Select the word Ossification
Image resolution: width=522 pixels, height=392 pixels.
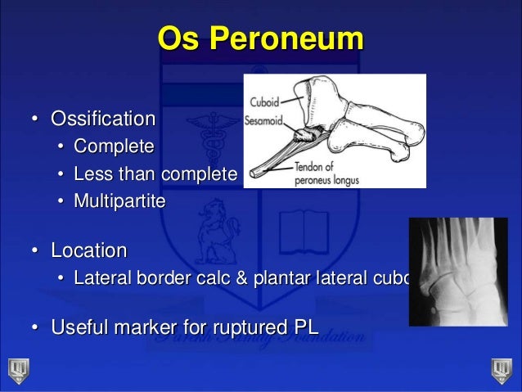coord(103,119)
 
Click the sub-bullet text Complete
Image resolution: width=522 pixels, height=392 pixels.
coord(113,147)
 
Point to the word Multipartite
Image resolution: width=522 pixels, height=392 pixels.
coord(119,200)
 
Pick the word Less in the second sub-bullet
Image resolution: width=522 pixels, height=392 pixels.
coord(90,173)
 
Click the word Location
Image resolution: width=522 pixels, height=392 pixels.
coord(89,249)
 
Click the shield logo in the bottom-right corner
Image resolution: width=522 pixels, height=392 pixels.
coord(502,369)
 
